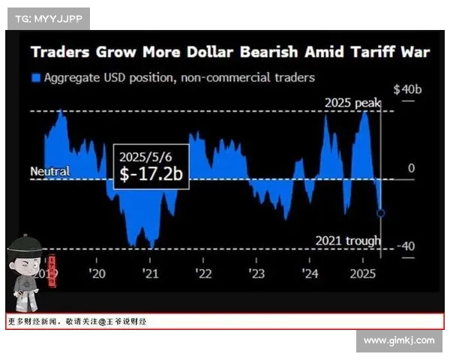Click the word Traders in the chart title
click(61, 52)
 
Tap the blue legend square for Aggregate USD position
click(35, 77)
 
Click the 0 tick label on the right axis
click(410, 168)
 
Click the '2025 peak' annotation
click(352, 103)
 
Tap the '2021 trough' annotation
click(347, 241)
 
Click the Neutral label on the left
click(49, 172)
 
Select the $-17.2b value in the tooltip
click(151, 175)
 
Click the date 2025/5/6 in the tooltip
click(144, 157)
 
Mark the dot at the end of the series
click(381, 213)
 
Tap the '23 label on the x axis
click(256, 274)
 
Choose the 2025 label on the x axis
click(363, 274)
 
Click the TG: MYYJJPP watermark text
click(49, 18)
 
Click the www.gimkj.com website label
click(398, 340)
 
